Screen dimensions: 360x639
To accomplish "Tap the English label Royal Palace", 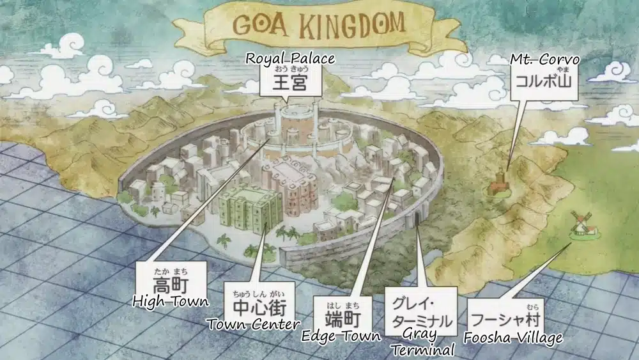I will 290,59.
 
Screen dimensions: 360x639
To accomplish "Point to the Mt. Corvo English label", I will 544,59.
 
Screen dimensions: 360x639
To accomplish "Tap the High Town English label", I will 170,300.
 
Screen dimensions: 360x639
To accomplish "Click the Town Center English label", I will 254,324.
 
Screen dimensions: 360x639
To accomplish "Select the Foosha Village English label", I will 513,338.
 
